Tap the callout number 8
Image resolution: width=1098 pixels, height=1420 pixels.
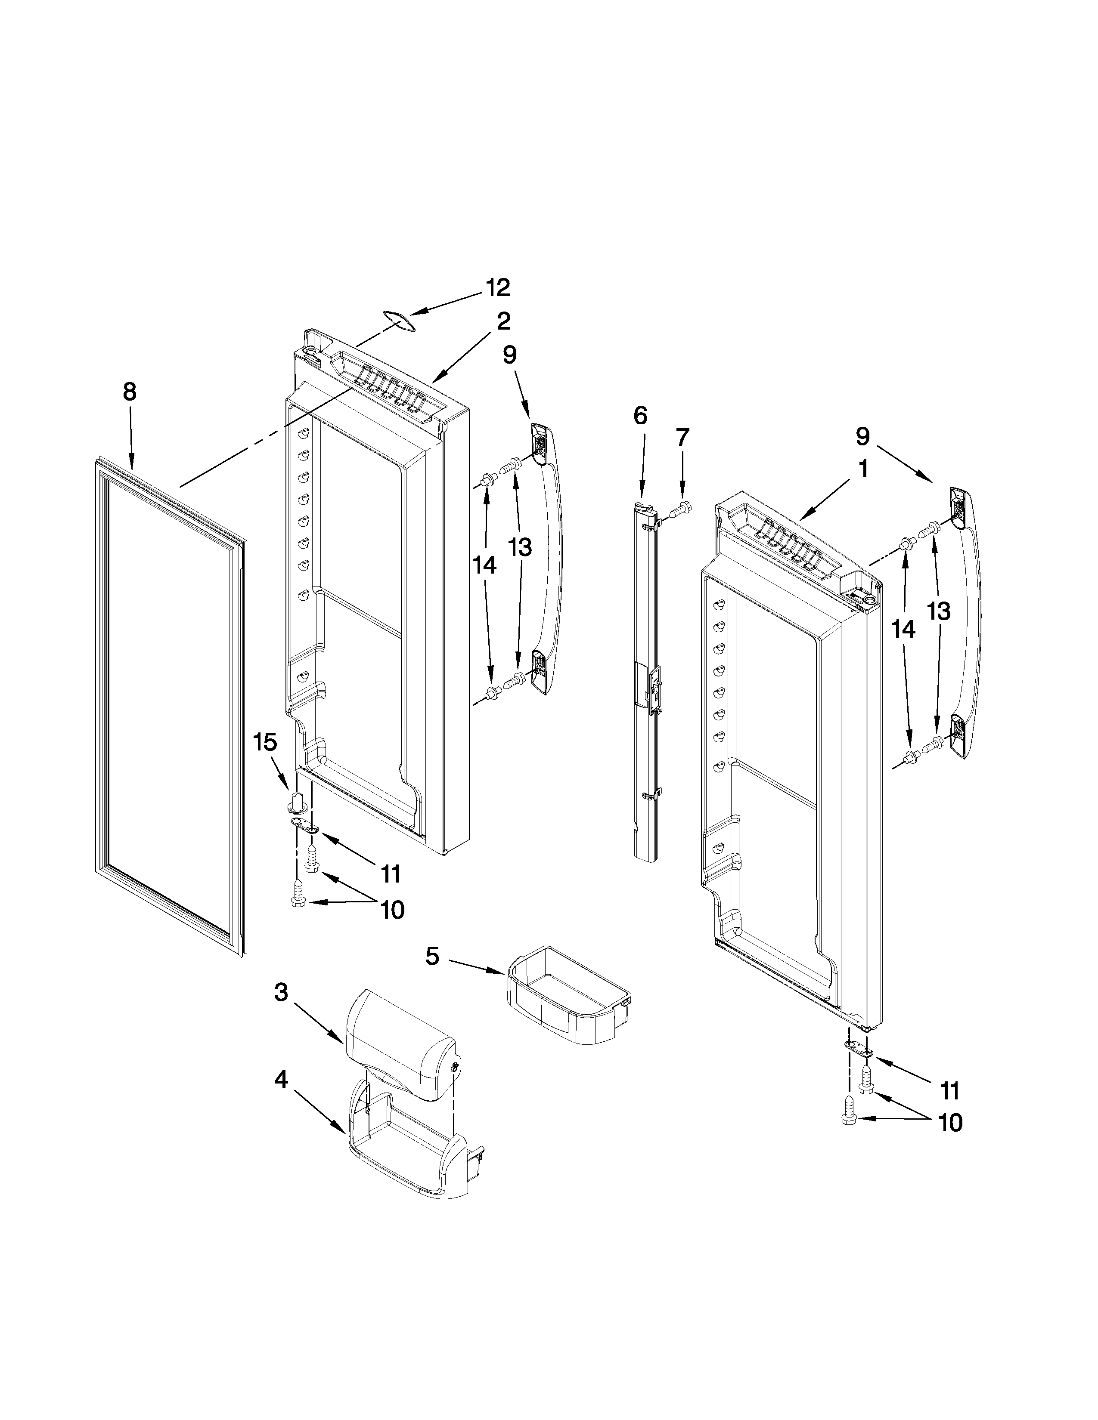coord(130,392)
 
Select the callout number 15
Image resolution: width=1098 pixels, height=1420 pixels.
coord(265,742)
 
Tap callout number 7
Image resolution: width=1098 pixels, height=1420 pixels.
coord(681,438)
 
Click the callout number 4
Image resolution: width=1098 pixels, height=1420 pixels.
coord(280,1079)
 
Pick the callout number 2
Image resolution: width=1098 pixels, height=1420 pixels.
coord(503,321)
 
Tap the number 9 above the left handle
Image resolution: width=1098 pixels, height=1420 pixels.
coord(510,355)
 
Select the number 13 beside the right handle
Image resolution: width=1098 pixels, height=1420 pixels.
coord(939,611)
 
